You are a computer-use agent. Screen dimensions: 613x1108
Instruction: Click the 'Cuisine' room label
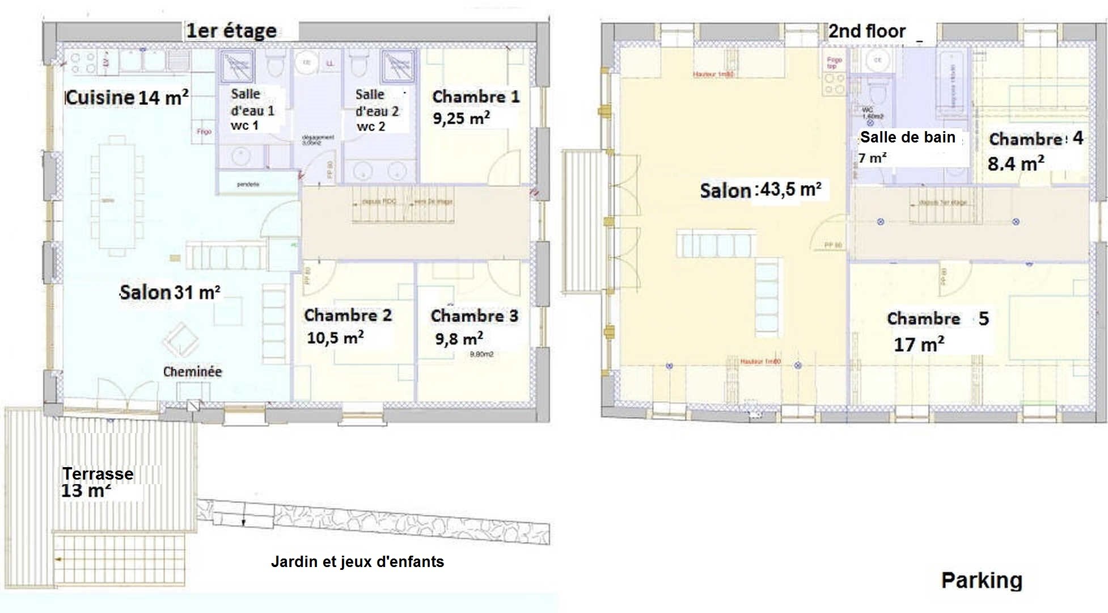click(100, 98)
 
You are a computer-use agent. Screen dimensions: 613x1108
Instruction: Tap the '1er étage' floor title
click(231, 31)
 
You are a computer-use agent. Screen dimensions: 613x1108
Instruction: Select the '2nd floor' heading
click(867, 31)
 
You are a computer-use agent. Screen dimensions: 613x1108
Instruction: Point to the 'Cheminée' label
click(192, 372)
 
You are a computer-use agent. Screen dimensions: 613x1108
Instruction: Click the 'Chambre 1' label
click(476, 97)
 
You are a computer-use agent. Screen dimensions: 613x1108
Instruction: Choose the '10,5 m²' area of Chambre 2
click(335, 338)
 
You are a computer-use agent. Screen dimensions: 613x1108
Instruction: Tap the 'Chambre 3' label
click(474, 316)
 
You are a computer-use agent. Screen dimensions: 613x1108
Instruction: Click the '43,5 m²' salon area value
click(790, 190)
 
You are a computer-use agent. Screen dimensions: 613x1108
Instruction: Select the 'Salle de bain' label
click(907, 137)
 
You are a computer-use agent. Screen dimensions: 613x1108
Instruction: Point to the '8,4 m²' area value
click(1016, 164)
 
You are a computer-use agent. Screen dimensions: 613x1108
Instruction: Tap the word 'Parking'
click(982, 580)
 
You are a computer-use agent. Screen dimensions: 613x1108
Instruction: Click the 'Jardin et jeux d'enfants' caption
click(357, 562)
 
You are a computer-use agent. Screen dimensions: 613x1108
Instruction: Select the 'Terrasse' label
click(98, 474)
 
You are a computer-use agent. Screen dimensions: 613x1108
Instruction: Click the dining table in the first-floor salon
click(117, 196)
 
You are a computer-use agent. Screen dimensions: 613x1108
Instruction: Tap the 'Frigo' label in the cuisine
click(204, 132)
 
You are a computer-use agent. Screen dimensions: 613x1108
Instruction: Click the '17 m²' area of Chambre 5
click(919, 345)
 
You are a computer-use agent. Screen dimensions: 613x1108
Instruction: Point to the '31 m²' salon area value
click(197, 292)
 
